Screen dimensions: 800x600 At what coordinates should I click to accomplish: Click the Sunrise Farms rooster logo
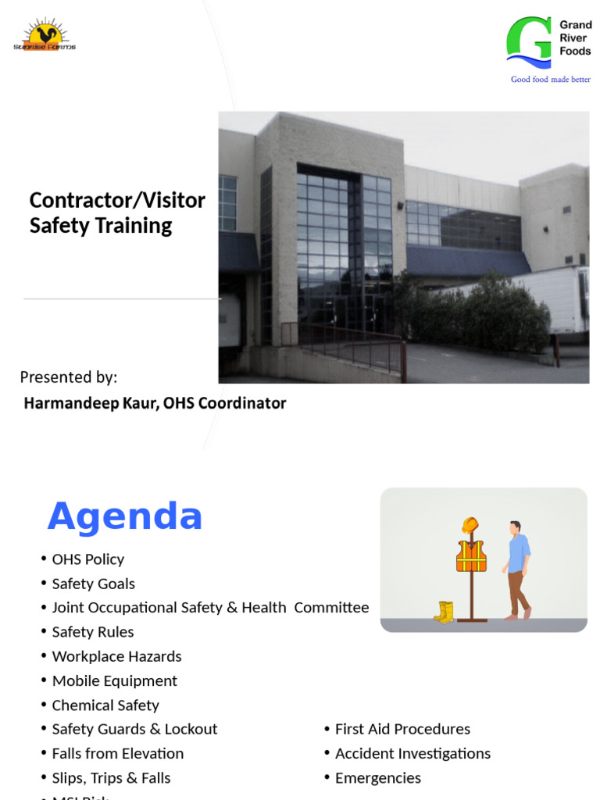click(x=45, y=36)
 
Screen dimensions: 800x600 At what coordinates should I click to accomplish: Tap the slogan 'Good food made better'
click(x=550, y=80)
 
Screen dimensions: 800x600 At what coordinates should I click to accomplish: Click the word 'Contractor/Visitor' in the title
click(x=117, y=201)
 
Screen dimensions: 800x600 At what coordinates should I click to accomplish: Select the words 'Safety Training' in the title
click(x=101, y=226)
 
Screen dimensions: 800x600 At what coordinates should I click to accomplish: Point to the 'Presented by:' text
click(x=69, y=377)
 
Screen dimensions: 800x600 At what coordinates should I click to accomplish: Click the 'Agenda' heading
click(x=125, y=516)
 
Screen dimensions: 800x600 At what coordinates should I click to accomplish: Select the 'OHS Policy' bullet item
click(x=87, y=559)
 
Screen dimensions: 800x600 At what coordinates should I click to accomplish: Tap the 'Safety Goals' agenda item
click(x=93, y=584)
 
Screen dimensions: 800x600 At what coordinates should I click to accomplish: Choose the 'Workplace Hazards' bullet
click(x=116, y=656)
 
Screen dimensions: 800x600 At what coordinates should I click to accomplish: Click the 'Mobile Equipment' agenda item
click(x=114, y=680)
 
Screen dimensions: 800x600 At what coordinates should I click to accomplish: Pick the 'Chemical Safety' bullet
click(x=105, y=705)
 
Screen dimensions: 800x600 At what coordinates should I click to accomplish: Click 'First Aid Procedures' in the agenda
click(x=402, y=729)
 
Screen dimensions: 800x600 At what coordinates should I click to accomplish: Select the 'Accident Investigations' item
click(x=412, y=753)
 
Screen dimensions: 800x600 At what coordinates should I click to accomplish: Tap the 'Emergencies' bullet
click(x=377, y=777)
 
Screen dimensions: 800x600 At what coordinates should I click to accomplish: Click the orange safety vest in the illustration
click(x=471, y=555)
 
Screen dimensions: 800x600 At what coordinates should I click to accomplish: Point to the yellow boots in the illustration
click(x=445, y=612)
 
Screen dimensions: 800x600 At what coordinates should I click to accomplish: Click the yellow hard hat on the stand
click(x=470, y=525)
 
